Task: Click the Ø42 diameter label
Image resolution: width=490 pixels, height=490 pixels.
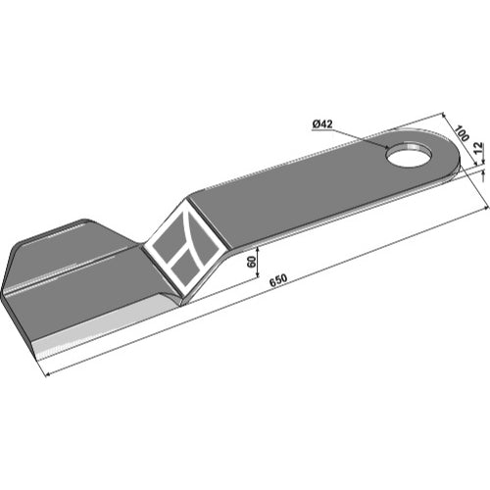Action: [x=322, y=124]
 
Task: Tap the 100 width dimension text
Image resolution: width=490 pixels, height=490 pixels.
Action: [x=462, y=133]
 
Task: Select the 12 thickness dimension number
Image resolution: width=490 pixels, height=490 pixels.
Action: [x=477, y=148]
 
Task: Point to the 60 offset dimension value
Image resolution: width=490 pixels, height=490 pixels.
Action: [x=252, y=262]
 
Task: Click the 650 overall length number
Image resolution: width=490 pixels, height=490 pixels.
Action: [x=278, y=280]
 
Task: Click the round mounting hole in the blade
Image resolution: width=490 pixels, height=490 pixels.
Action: [x=409, y=155]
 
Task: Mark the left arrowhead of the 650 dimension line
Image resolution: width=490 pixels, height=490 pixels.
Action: [x=47, y=374]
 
